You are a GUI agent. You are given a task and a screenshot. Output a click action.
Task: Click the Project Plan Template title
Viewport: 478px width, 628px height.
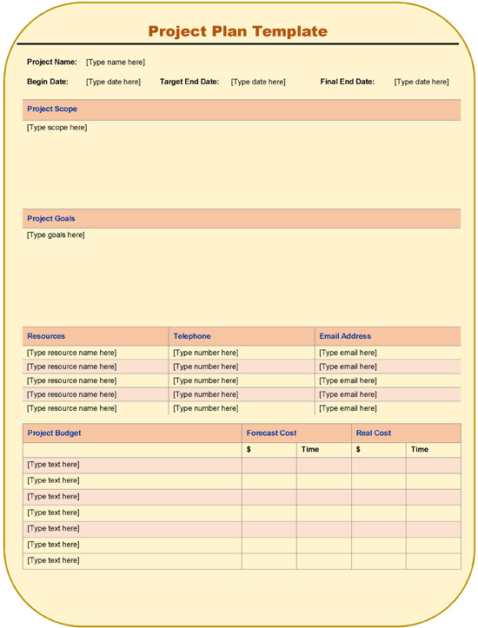(237, 31)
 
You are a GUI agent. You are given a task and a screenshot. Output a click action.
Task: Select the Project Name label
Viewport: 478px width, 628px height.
(52, 62)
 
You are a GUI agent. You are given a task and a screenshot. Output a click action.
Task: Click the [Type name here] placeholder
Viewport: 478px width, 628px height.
(116, 62)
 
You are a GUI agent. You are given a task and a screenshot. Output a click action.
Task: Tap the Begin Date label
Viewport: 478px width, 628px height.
(47, 82)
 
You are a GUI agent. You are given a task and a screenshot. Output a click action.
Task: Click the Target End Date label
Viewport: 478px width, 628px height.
(189, 82)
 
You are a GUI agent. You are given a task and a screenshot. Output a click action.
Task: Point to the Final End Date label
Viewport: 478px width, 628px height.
(347, 82)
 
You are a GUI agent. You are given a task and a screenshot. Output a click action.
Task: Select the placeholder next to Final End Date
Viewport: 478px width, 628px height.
(422, 82)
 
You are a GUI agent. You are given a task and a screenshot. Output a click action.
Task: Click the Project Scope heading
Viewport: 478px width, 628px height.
(52, 109)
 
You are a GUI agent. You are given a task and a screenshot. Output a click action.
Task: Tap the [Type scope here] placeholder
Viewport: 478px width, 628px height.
(56, 128)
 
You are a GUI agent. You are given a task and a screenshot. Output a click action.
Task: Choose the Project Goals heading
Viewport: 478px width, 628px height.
(51, 218)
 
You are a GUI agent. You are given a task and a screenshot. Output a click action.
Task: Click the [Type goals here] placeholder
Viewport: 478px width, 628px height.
(56, 235)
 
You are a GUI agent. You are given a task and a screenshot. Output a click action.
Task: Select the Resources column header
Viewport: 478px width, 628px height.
(46, 336)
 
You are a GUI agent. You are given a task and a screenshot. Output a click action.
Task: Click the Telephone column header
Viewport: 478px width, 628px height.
(192, 336)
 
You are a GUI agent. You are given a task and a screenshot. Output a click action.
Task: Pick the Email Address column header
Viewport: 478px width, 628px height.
(345, 336)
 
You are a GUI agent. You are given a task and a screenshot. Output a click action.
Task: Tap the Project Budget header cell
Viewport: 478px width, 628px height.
(54, 433)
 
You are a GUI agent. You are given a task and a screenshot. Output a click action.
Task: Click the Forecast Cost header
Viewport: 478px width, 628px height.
(271, 433)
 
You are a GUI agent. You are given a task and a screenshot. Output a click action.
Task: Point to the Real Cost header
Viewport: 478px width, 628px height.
(374, 433)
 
